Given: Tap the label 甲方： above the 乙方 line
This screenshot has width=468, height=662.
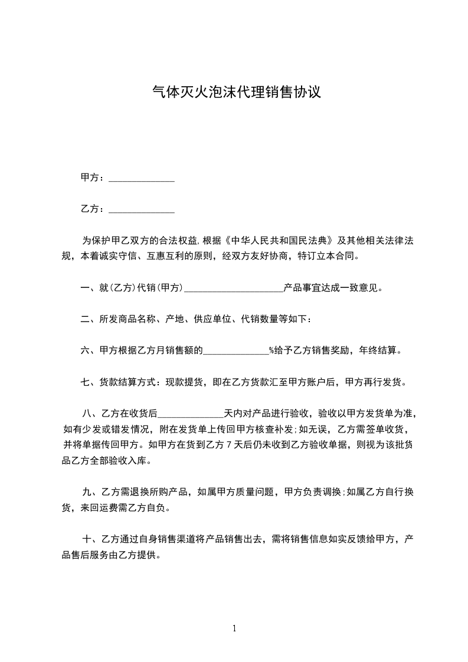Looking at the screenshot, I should pos(94,178).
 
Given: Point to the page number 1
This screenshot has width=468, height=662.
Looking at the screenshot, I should pos(234,628).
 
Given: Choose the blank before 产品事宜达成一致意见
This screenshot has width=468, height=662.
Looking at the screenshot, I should pos(234,290).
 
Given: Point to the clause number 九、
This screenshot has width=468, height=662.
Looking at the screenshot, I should pos(89,491).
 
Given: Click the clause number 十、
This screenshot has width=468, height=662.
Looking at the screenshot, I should pos(89,539).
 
